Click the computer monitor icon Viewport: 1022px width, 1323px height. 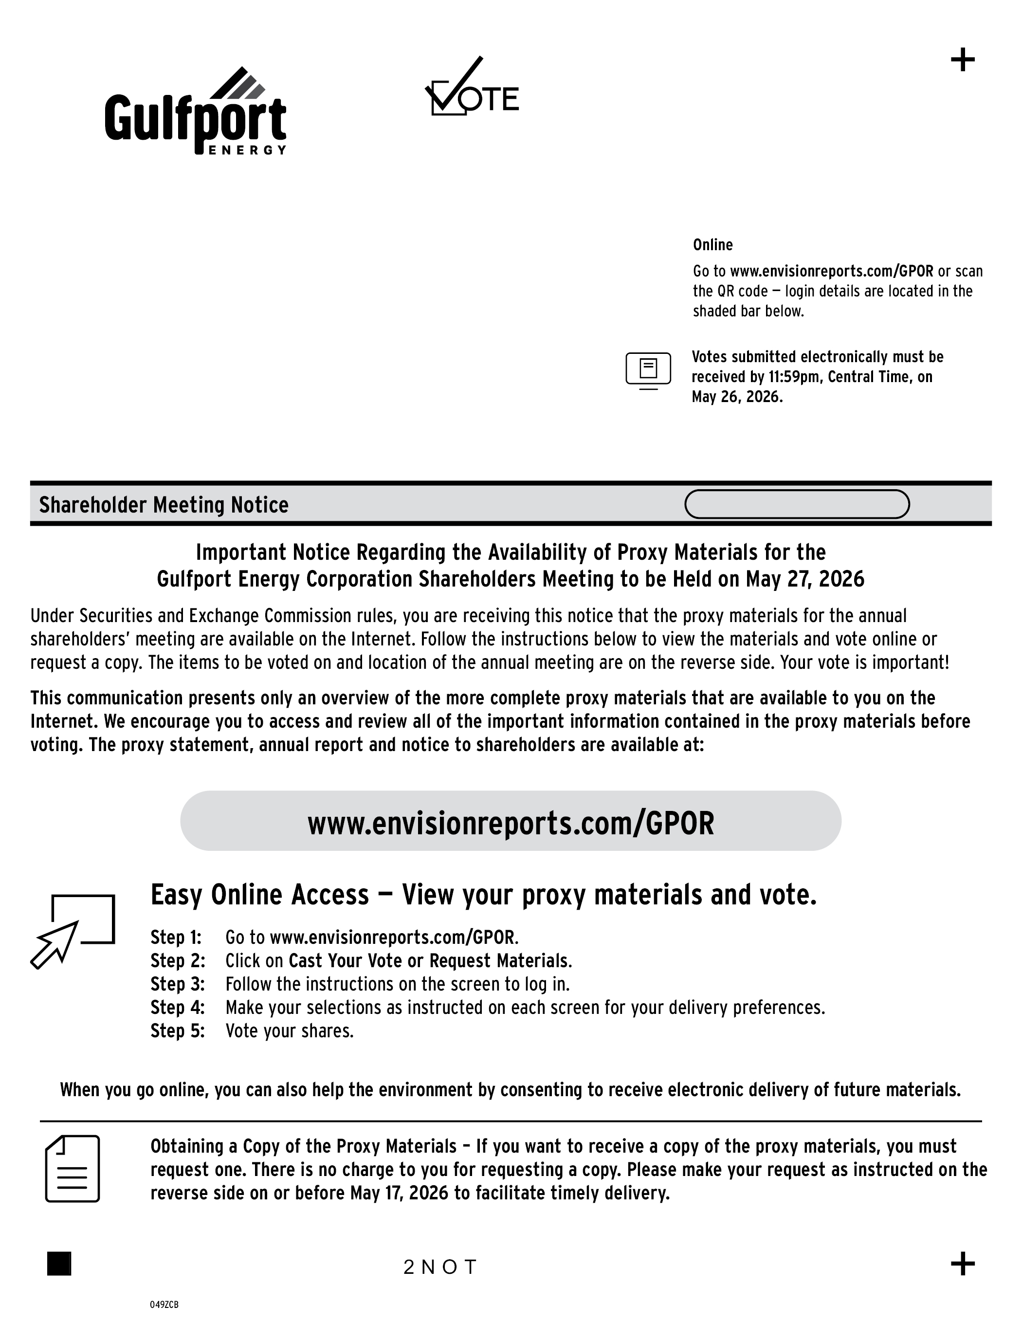pyautogui.click(x=648, y=369)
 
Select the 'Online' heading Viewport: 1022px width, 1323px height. pyautogui.click(x=712, y=245)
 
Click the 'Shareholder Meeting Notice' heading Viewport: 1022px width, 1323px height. pyautogui.click(x=164, y=505)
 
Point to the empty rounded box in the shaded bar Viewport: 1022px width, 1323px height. pyautogui.click(x=797, y=504)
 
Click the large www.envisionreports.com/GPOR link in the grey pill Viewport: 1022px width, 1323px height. pyautogui.click(x=511, y=823)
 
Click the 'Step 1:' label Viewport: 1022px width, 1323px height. pyautogui.click(x=176, y=937)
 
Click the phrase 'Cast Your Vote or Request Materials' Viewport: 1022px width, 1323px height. pyautogui.click(x=430, y=961)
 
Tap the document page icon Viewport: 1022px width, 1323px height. pyautogui.click(x=73, y=1169)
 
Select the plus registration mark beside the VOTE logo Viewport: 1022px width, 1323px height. pyautogui.click(x=963, y=60)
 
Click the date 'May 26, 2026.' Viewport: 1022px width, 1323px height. pyautogui.click(x=737, y=397)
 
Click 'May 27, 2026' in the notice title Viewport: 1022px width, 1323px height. pyautogui.click(x=805, y=580)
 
